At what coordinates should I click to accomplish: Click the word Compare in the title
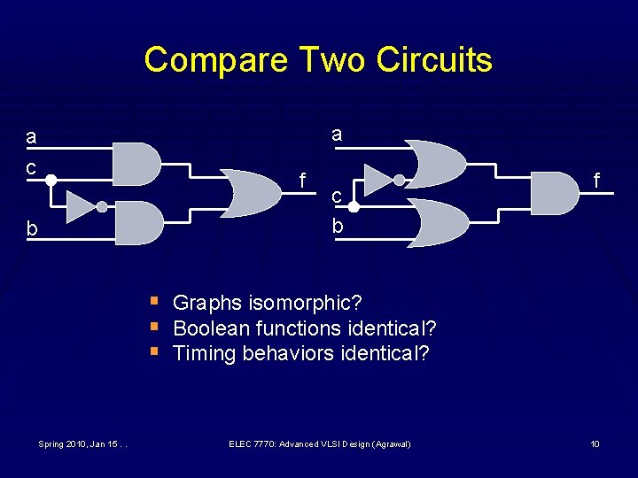216,59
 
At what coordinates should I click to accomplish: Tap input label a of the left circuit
32,137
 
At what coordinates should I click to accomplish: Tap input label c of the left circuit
31,166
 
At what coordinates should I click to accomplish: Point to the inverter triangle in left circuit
81,207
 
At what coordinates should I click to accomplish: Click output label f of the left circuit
303,181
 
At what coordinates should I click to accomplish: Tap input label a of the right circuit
337,135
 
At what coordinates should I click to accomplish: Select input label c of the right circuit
337,194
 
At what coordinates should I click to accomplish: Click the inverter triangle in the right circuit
378,179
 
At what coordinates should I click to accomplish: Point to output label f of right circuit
597,181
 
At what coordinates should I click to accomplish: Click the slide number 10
595,443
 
